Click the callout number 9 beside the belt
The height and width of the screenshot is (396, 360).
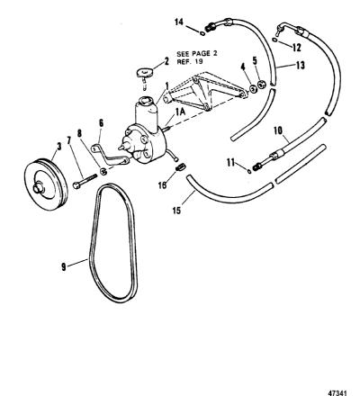pos(64,266)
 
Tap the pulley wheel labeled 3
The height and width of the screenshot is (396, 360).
pos(46,184)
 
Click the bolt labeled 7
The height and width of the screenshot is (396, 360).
pos(85,182)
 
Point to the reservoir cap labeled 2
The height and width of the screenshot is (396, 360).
pos(145,72)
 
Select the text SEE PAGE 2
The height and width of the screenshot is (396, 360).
pos(197,54)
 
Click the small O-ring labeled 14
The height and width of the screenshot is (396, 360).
pos(202,33)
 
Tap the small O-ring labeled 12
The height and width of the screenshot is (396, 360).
pos(274,40)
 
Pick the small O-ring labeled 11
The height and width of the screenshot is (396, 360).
pos(249,171)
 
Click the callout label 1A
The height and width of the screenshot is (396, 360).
pos(180,112)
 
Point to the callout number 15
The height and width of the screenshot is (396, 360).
pos(177,211)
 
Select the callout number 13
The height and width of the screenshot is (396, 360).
pos(300,65)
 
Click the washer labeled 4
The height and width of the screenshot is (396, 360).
pos(253,89)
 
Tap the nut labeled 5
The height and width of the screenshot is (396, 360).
pos(262,85)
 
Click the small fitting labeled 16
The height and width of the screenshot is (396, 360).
pos(181,166)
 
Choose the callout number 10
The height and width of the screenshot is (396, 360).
pos(278,130)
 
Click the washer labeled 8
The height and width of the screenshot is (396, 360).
pos(103,172)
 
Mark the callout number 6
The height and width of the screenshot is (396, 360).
pos(101,123)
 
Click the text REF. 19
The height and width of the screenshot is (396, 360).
pos(190,62)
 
